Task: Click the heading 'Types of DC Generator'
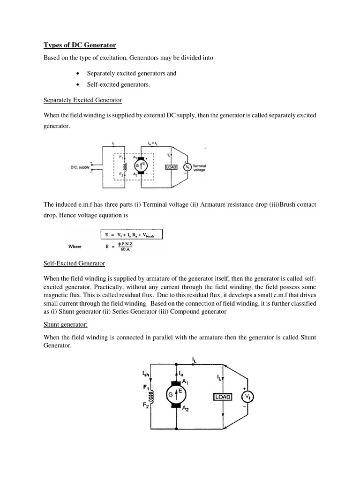pyautogui.click(x=80, y=45)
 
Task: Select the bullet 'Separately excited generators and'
pyautogui.click(x=131, y=74)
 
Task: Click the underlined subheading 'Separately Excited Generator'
pyautogui.click(x=82, y=100)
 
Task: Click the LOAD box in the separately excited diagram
pyautogui.click(x=171, y=167)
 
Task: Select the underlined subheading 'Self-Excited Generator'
pyautogui.click(x=74, y=263)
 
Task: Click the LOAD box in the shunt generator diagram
pyautogui.click(x=222, y=397)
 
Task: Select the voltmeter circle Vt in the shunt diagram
pyautogui.click(x=248, y=397)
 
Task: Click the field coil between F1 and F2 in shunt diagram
pyautogui.click(x=151, y=397)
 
